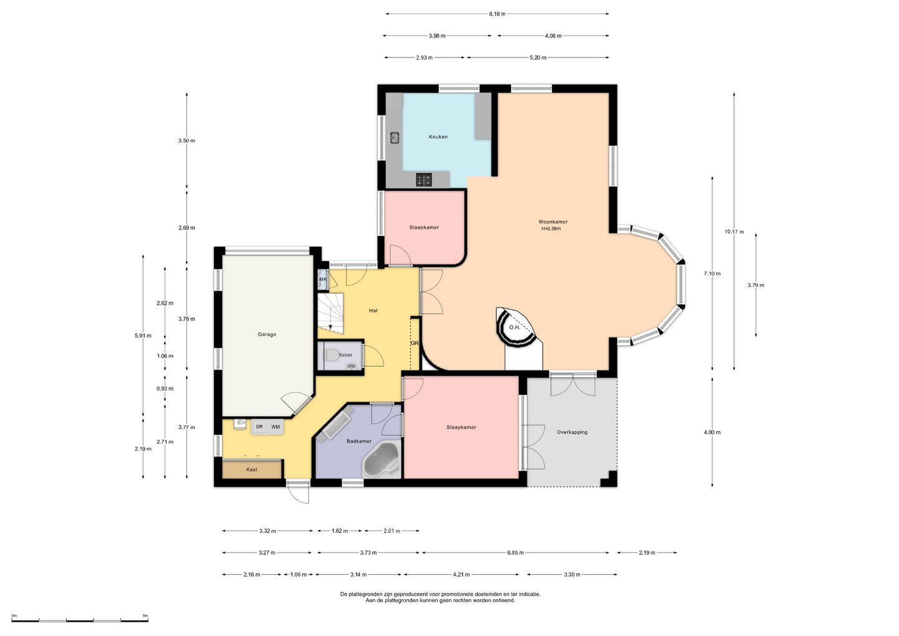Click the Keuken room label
(x=438, y=137)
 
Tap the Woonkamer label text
(x=553, y=222)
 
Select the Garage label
(x=267, y=334)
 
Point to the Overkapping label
(x=572, y=432)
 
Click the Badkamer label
(x=359, y=441)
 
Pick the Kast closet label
(x=252, y=469)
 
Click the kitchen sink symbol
(x=394, y=137)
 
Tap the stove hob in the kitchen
(x=424, y=180)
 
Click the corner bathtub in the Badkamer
(x=381, y=460)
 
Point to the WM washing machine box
(x=275, y=427)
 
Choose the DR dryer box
(x=259, y=427)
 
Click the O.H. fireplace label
(x=514, y=327)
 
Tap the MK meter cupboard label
(x=323, y=279)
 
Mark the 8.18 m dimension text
(x=497, y=14)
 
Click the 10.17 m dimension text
(x=734, y=232)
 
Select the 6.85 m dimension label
(x=515, y=552)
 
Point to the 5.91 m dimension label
(x=143, y=335)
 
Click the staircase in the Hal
(x=331, y=313)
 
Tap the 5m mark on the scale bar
(x=145, y=615)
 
